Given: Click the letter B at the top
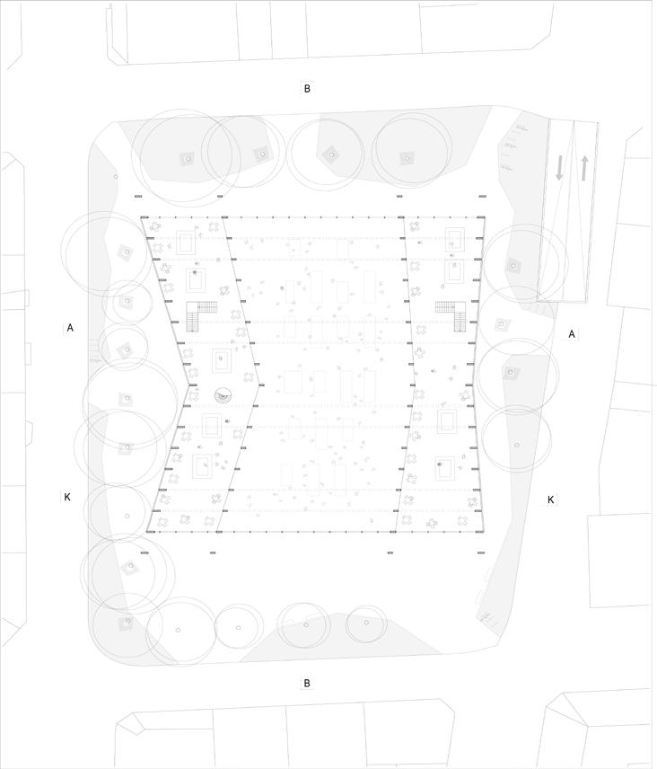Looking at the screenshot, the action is tap(307, 88).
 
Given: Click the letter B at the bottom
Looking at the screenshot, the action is tap(307, 683).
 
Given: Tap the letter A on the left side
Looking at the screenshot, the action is tap(70, 328).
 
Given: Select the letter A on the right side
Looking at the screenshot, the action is tap(572, 334).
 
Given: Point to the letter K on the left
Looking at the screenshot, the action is tap(67, 497).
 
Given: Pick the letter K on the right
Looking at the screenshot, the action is tap(551, 499).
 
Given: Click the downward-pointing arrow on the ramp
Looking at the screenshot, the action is tap(559, 167).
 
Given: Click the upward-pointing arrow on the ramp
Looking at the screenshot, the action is tap(584, 167).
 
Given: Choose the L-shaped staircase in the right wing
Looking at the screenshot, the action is tap(453, 314).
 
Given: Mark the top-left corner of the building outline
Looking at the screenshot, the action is tap(141, 217).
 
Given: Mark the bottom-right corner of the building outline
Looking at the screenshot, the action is tap(486, 532).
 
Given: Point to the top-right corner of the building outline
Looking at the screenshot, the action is tap(485, 217).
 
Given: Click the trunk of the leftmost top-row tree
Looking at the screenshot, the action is tap(188, 159).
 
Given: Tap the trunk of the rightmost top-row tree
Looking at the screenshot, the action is tap(408, 157).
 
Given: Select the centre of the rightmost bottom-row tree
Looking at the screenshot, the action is tap(366, 622).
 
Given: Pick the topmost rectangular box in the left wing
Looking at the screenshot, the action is tap(186, 242).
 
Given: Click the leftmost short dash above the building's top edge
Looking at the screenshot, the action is tap(138, 196).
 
